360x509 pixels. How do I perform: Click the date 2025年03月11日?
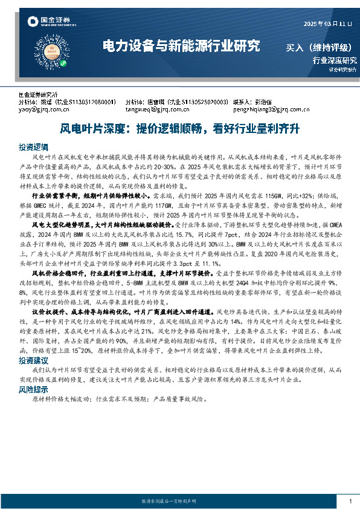(x=327, y=24)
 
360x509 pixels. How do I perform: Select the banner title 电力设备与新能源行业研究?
(x=181, y=45)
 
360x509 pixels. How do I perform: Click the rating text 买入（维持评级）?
(x=318, y=47)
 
